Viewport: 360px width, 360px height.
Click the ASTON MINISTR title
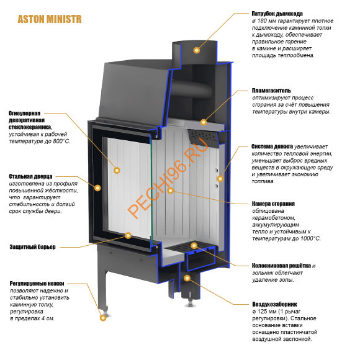[50, 19]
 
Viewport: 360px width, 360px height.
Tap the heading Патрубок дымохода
[277, 14]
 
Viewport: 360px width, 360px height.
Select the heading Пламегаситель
[271, 91]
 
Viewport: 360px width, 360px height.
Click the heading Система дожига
[272, 146]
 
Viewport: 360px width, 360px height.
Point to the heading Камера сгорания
[273, 204]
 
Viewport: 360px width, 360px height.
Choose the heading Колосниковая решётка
[281, 266]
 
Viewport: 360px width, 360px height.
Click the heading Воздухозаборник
[274, 304]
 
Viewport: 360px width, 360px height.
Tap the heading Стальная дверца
[30, 176]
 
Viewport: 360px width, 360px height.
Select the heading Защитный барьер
[33, 247]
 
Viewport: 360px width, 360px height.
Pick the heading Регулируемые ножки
[37, 283]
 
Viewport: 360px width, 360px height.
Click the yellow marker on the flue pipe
[196, 50]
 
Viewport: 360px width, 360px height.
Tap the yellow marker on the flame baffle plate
[204, 122]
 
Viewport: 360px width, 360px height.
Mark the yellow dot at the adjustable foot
[103, 318]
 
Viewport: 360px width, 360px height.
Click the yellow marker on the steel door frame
[97, 188]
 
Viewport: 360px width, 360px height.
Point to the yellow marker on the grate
[194, 246]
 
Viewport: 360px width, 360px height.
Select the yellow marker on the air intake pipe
[187, 278]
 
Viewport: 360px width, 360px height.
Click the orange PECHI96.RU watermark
[168, 178]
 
